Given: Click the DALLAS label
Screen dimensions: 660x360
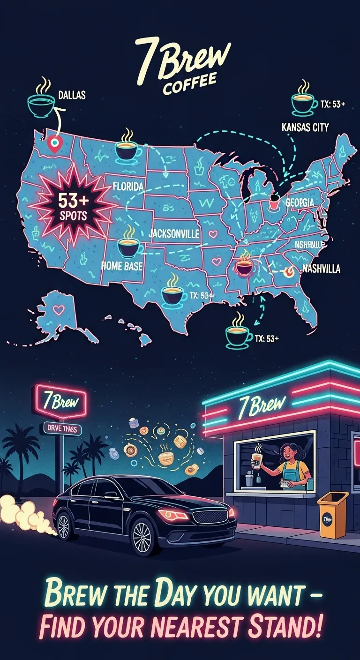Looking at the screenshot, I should click(x=72, y=95).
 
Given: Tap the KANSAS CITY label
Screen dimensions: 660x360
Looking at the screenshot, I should click(x=305, y=127).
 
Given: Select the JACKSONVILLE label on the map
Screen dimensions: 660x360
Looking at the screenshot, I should click(x=174, y=234).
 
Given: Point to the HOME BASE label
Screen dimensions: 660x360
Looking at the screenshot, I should click(x=122, y=265).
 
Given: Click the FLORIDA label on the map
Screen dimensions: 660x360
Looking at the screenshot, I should click(x=128, y=187).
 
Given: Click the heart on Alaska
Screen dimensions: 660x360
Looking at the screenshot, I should click(x=58, y=309).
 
